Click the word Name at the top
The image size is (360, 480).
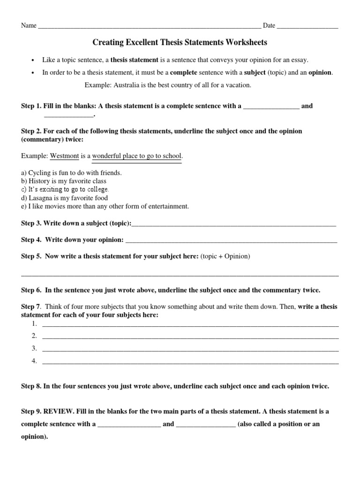click(29, 25)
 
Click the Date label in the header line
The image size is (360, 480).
click(269, 25)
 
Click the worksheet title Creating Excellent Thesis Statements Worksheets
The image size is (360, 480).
click(180, 43)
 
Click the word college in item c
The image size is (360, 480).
click(97, 189)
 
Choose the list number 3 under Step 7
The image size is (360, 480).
click(34, 348)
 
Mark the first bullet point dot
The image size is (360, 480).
click(32, 60)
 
